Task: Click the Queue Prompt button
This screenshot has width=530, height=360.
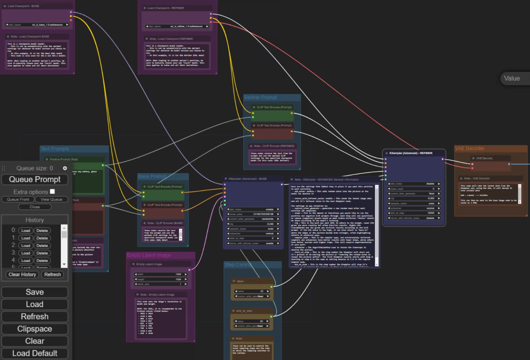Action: [x=35, y=179]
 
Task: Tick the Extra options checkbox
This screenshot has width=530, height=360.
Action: [x=52, y=191]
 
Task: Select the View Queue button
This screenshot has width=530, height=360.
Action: [x=51, y=199]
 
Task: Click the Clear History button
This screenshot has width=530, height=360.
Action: [x=22, y=274]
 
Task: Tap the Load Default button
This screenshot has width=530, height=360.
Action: [x=35, y=353]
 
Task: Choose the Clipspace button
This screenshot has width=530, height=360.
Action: [x=35, y=329]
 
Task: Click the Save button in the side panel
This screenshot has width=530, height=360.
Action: [x=35, y=292]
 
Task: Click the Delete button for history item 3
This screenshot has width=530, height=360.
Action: [x=42, y=253]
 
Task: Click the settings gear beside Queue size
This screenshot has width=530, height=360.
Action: [x=65, y=168]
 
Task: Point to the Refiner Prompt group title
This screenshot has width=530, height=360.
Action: [x=261, y=98]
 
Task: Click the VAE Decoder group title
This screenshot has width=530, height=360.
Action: [x=469, y=148]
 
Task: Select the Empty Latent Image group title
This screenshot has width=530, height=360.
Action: [x=148, y=255]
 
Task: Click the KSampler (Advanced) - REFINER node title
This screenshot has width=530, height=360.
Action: [x=411, y=153]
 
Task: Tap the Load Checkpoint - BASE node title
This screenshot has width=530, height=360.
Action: [x=23, y=6]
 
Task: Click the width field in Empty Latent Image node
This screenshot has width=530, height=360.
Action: [x=161, y=274]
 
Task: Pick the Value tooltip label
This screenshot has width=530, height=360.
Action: [x=512, y=79]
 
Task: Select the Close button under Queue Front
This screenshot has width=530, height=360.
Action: [x=35, y=207]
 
